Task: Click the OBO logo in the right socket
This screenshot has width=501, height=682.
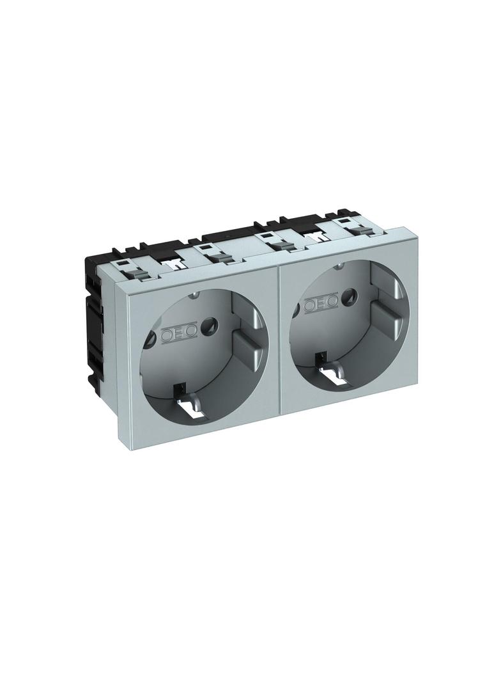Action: click(321, 305)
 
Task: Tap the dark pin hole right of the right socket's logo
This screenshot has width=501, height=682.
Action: click(348, 297)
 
